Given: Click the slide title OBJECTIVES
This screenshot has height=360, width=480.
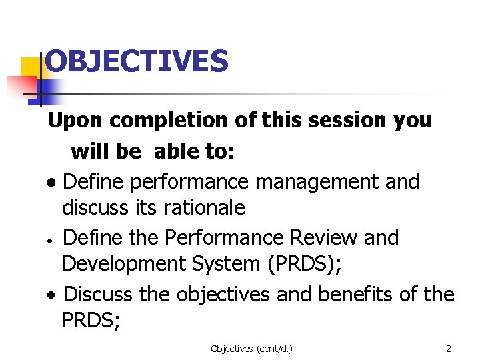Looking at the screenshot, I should coord(137,61).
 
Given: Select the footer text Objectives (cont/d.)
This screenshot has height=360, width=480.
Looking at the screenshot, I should coord(251,348).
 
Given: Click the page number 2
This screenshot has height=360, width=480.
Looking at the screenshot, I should coord(449,348).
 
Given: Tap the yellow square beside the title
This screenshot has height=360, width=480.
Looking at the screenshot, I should coord(31,68).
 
